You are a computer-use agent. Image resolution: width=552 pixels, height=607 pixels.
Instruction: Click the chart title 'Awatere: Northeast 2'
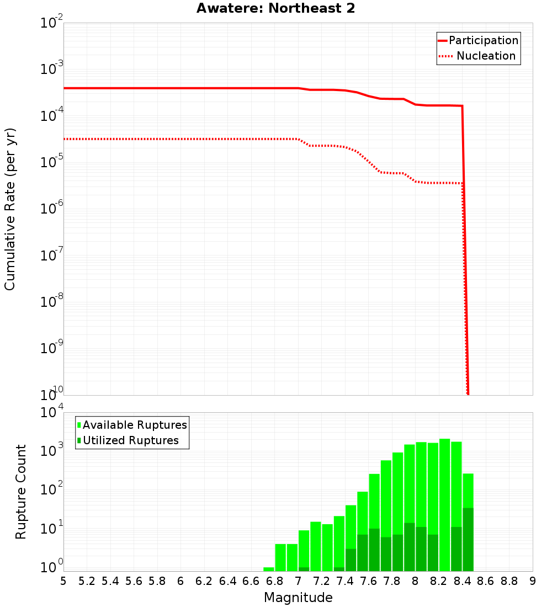click(275, 9)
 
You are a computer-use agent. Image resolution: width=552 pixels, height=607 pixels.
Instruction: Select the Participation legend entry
click(478, 40)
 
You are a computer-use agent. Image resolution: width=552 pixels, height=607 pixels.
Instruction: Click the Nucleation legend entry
click(478, 56)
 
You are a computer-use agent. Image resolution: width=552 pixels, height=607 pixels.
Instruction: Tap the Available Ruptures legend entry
click(132, 425)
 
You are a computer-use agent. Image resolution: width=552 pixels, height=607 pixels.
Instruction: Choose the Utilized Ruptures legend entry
click(128, 440)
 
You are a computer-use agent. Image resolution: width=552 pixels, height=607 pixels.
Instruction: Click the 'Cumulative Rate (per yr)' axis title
click(10, 209)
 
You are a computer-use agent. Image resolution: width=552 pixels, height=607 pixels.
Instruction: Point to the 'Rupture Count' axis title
click(21, 492)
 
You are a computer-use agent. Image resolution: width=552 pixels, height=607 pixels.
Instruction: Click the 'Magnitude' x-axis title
click(298, 598)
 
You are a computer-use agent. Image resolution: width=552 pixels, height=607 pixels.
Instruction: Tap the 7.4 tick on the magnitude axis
click(345, 581)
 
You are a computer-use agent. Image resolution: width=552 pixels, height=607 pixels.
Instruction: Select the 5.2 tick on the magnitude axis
click(87, 581)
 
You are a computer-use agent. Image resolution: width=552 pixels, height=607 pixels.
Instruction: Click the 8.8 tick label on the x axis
click(509, 581)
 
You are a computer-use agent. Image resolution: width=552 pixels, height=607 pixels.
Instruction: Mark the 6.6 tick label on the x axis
click(251, 581)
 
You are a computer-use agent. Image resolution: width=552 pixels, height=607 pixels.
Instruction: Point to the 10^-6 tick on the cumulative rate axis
click(51, 209)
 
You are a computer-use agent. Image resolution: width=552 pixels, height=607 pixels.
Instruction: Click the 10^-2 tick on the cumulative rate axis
click(51, 23)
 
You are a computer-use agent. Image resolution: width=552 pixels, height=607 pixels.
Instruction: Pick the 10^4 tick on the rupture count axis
click(51, 413)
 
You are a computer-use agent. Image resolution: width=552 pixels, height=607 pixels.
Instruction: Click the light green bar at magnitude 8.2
click(444, 497)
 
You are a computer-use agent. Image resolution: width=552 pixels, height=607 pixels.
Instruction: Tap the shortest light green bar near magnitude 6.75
click(269, 569)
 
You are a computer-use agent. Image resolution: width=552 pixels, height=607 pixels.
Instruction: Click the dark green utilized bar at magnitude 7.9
click(409, 547)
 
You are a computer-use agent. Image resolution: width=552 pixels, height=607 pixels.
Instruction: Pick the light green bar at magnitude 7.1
click(316, 546)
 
